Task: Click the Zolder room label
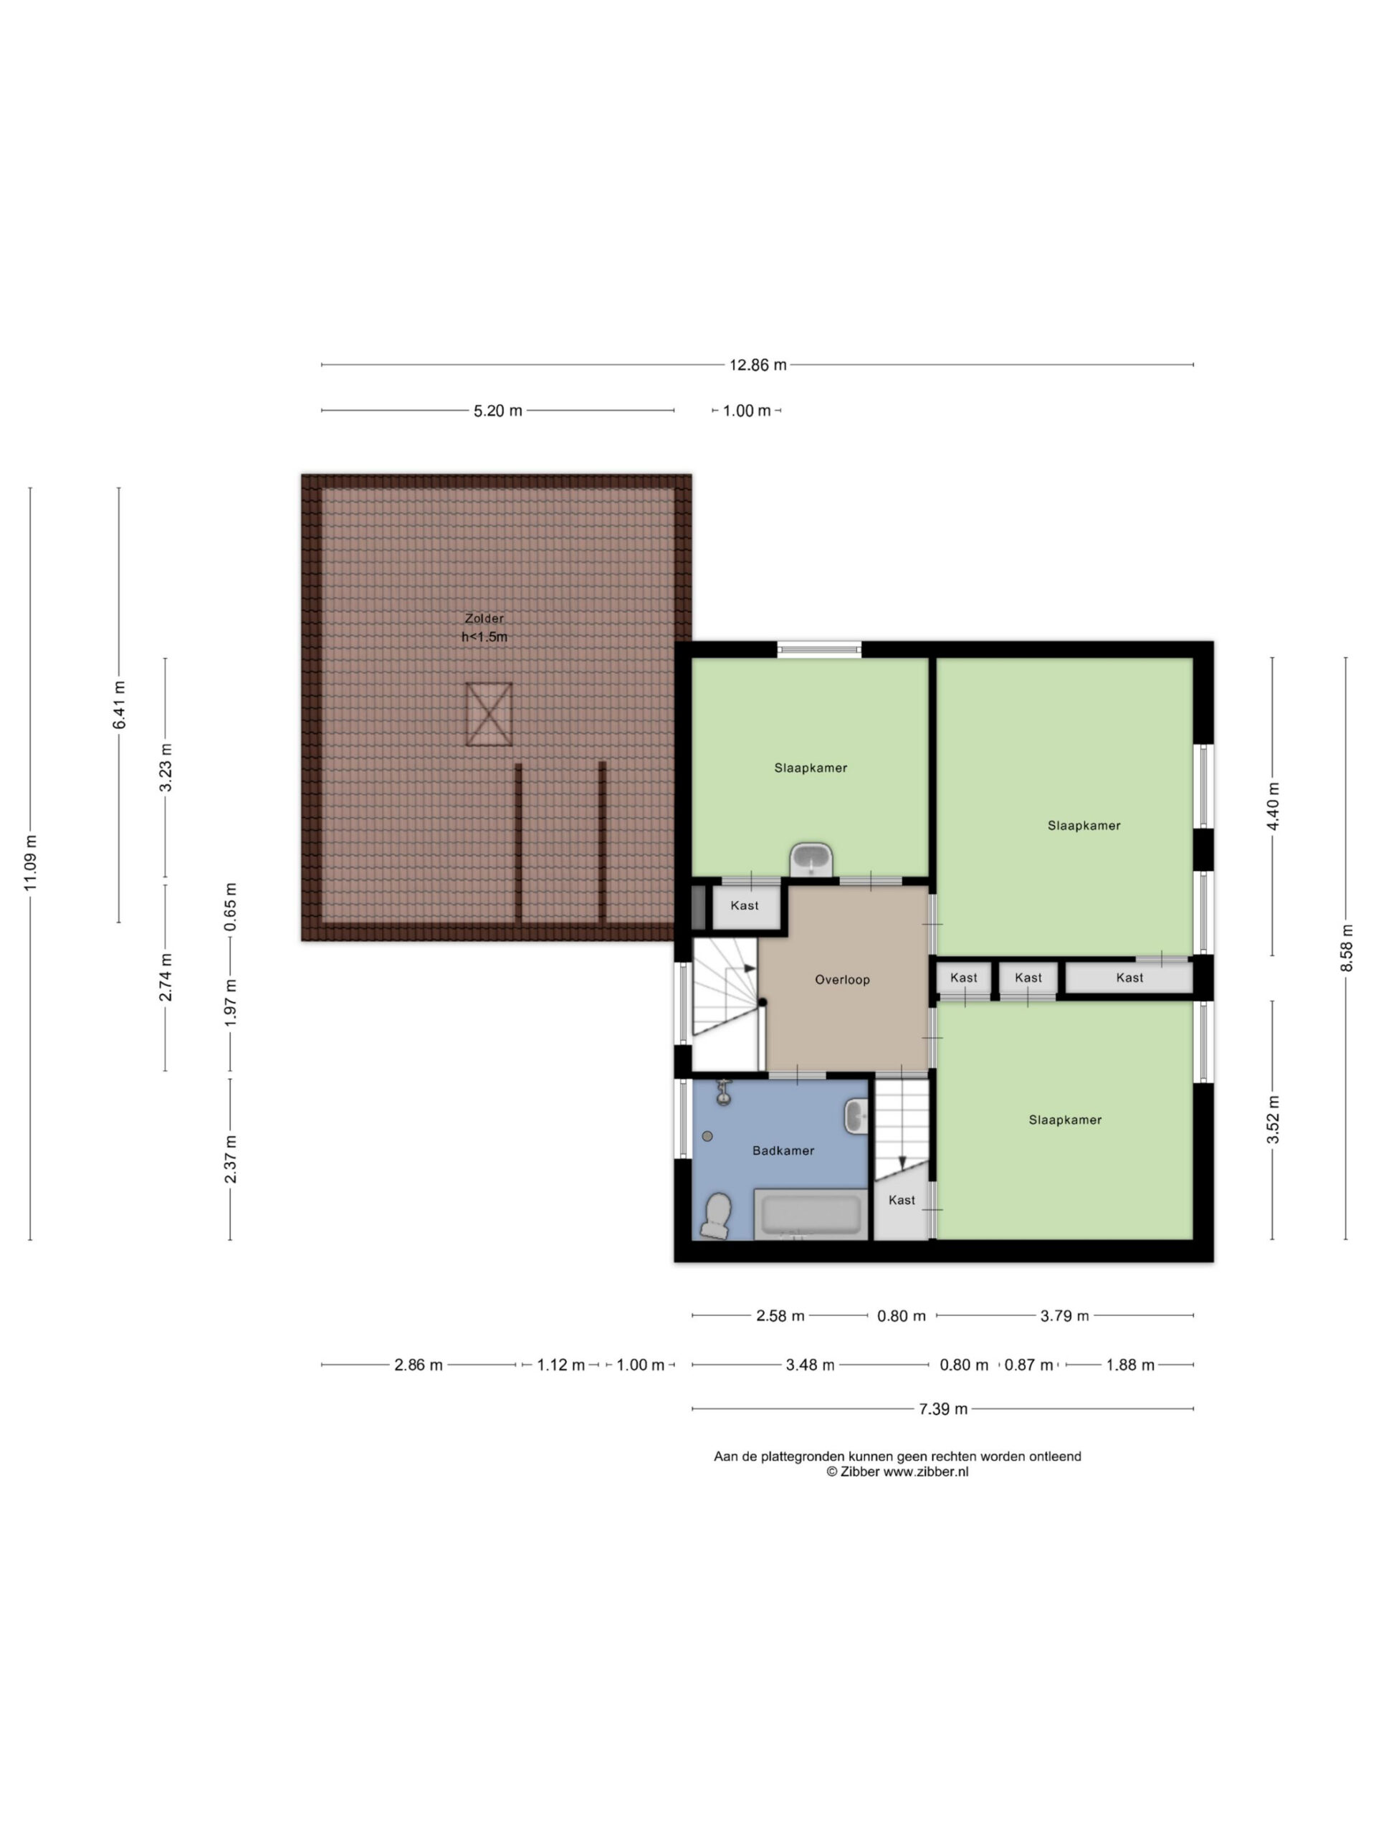484,618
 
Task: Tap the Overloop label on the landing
842,980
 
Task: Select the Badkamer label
783,1150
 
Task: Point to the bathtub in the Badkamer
811,1214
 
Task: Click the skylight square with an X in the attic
489,714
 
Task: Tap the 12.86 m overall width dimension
758,365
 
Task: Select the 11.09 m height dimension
31,864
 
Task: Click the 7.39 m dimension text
943,1409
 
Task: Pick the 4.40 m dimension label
1273,806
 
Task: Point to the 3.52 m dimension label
1273,1120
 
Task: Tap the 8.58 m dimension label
1346,948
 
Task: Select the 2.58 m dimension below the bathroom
780,1316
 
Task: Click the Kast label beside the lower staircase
902,1201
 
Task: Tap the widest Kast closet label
1129,978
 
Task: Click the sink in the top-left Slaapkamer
811,859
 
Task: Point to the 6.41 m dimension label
120,705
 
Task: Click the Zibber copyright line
897,1472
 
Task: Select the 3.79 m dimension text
1064,1316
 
